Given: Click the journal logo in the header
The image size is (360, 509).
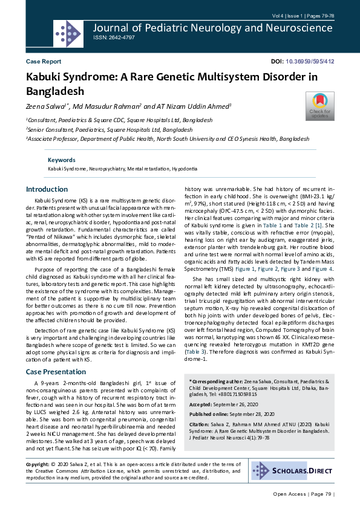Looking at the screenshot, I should click(x=68, y=29).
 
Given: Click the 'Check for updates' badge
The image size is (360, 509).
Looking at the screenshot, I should click(x=319, y=106).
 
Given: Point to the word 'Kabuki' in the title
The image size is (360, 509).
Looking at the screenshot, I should click(x=45, y=77).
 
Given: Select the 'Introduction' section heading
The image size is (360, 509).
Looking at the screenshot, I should click(x=47, y=189).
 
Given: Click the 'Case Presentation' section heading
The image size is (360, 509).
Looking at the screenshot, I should click(x=56, y=371).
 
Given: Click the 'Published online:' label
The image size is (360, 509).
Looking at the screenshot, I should click(x=210, y=415).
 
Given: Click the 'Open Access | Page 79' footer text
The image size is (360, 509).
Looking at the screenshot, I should click(x=303, y=494).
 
